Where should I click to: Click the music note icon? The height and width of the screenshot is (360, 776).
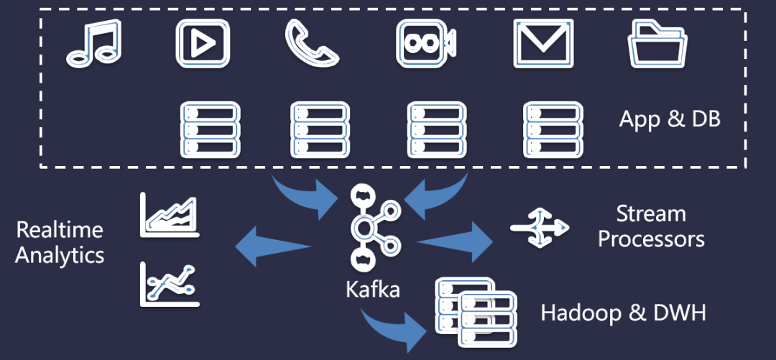tap(94, 44)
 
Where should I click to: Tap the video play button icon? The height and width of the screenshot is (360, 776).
tap(203, 44)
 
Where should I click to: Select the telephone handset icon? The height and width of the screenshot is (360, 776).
tap(312, 44)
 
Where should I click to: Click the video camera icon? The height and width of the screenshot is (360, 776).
tap(426, 44)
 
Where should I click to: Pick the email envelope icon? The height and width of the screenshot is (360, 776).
tap(543, 44)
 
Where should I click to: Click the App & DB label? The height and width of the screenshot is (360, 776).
tap(670, 119)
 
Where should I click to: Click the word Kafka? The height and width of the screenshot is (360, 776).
tap(373, 289)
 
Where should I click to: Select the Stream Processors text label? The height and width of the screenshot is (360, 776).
tap(651, 227)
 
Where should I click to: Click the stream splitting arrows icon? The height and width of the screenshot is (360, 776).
tap(540, 227)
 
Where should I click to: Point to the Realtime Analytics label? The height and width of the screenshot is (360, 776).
tap(60, 243)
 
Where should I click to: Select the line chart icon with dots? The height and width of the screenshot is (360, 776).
tap(170, 285)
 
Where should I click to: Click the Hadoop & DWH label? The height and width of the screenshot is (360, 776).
tap(624, 313)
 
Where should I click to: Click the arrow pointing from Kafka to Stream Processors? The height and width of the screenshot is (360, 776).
tap(456, 241)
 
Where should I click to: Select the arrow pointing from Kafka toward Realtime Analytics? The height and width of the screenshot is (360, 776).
tap(273, 246)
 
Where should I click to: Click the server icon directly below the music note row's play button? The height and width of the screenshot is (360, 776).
tap(211, 130)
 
